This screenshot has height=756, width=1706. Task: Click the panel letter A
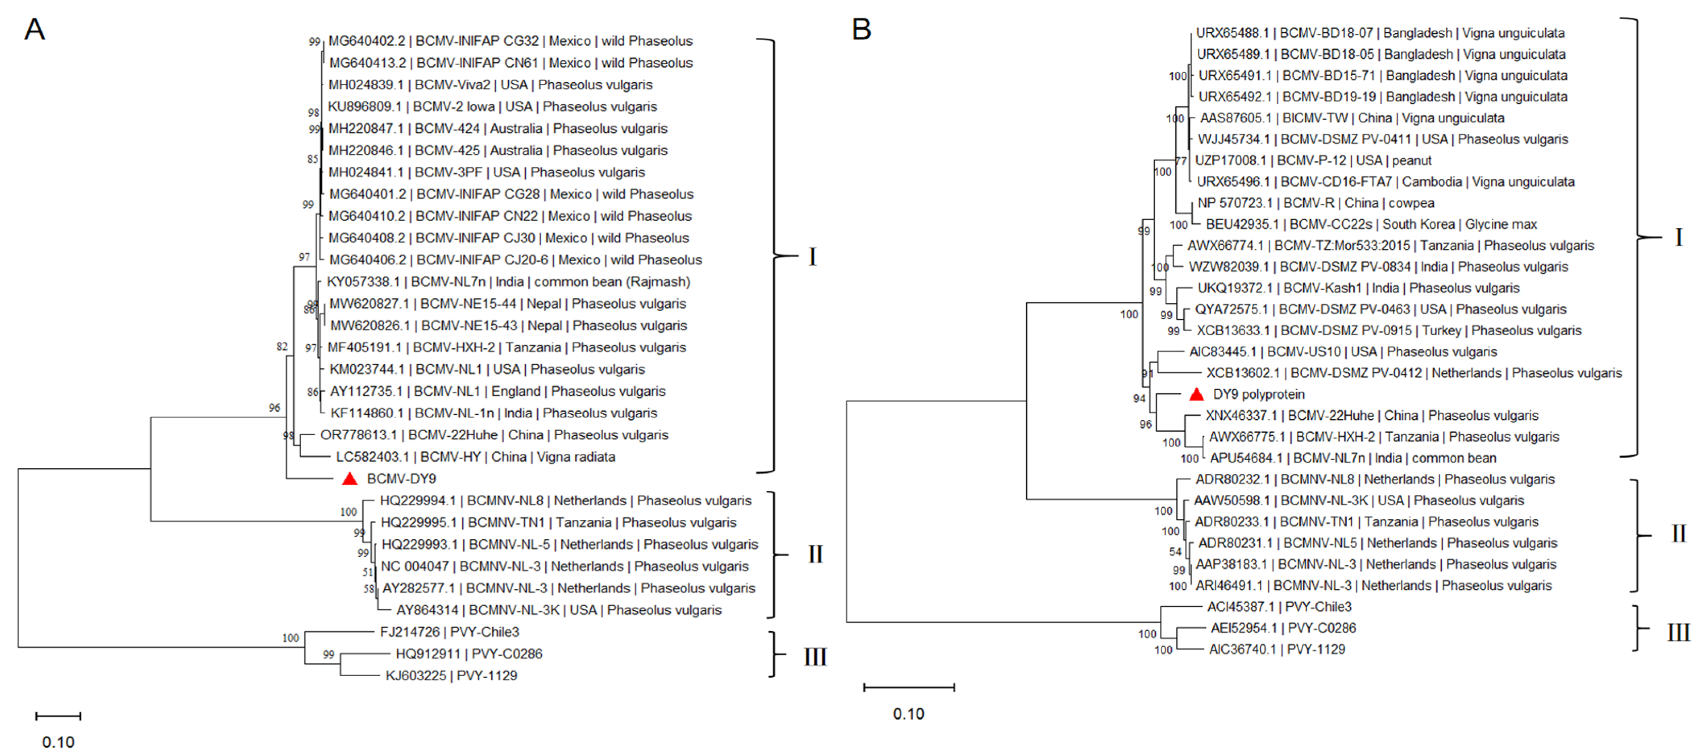(x=35, y=30)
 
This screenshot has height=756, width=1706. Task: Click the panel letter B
(x=861, y=30)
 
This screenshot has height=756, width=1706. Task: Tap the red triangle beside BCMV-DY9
(x=350, y=479)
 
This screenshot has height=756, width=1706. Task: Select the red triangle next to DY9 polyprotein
(x=1196, y=395)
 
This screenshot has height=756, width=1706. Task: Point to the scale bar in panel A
(x=58, y=716)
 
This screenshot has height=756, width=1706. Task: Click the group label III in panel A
(x=815, y=657)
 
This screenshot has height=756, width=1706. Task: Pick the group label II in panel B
(x=1678, y=533)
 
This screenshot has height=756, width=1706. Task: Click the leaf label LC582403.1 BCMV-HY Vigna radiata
(x=476, y=457)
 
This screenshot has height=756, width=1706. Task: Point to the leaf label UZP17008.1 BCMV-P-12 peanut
(x=1313, y=160)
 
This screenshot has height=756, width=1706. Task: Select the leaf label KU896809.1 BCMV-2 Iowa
(x=492, y=107)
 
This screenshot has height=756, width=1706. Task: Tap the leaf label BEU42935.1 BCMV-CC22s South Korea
(x=1371, y=224)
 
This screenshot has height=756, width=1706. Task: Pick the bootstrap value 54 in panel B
(x=1175, y=552)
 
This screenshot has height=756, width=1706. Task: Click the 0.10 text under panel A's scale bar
(x=58, y=742)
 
